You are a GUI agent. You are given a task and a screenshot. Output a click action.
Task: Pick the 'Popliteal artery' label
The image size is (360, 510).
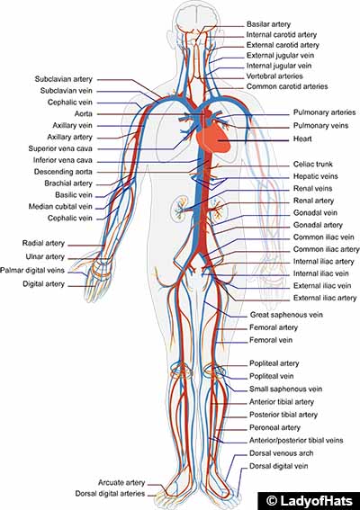coord(274,364)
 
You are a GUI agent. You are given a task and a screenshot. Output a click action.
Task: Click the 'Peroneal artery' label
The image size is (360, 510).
coord(274,427)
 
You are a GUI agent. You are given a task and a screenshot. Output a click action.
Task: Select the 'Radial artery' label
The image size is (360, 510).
coord(44,244)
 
